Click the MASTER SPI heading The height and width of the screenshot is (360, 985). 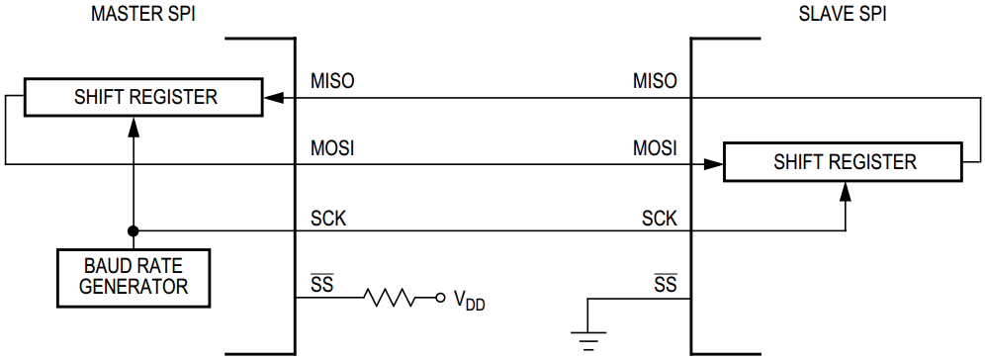142,16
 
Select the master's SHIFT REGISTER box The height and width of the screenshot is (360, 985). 144,97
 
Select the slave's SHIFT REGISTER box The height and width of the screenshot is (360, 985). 844,162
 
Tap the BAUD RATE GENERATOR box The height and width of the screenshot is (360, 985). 134,276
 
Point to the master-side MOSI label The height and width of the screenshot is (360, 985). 332,149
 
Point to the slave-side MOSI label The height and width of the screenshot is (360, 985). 655,149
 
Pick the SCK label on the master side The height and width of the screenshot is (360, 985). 328,218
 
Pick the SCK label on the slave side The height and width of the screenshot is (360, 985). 660,218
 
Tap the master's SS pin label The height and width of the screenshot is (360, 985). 322,285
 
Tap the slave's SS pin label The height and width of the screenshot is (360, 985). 666,285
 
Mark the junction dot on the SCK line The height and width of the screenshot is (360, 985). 134,230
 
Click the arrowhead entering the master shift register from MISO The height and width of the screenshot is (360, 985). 273,97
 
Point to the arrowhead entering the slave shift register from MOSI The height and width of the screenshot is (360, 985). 714,164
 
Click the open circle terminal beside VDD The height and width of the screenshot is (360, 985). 440,297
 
